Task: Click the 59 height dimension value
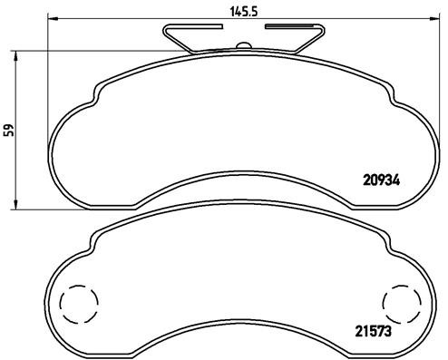pos(10,130)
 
